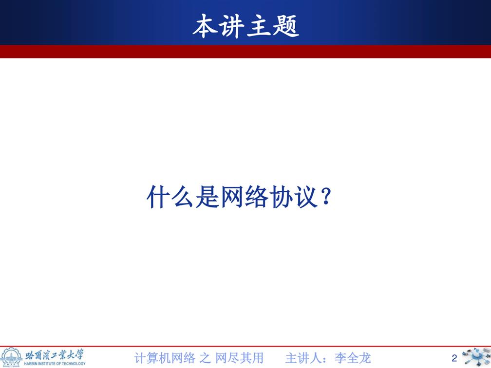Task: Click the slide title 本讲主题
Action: click(x=246, y=26)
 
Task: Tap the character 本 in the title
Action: click(x=205, y=26)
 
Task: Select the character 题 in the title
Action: click(x=286, y=26)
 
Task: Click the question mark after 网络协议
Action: click(x=326, y=196)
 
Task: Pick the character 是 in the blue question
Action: click(x=207, y=197)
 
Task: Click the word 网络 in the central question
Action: click(x=245, y=197)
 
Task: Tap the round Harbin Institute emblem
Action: click(x=11, y=357)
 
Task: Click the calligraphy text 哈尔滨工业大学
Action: click(x=55, y=355)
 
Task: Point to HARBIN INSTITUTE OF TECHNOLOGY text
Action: click(x=55, y=364)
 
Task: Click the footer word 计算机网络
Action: click(x=165, y=358)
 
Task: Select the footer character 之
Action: click(x=205, y=358)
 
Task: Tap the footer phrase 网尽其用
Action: click(x=239, y=358)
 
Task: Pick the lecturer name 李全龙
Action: click(x=353, y=358)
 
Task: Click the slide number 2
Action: click(x=454, y=358)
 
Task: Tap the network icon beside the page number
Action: click(x=476, y=357)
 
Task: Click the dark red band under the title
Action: click(x=245, y=52)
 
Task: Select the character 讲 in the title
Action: click(x=232, y=26)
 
